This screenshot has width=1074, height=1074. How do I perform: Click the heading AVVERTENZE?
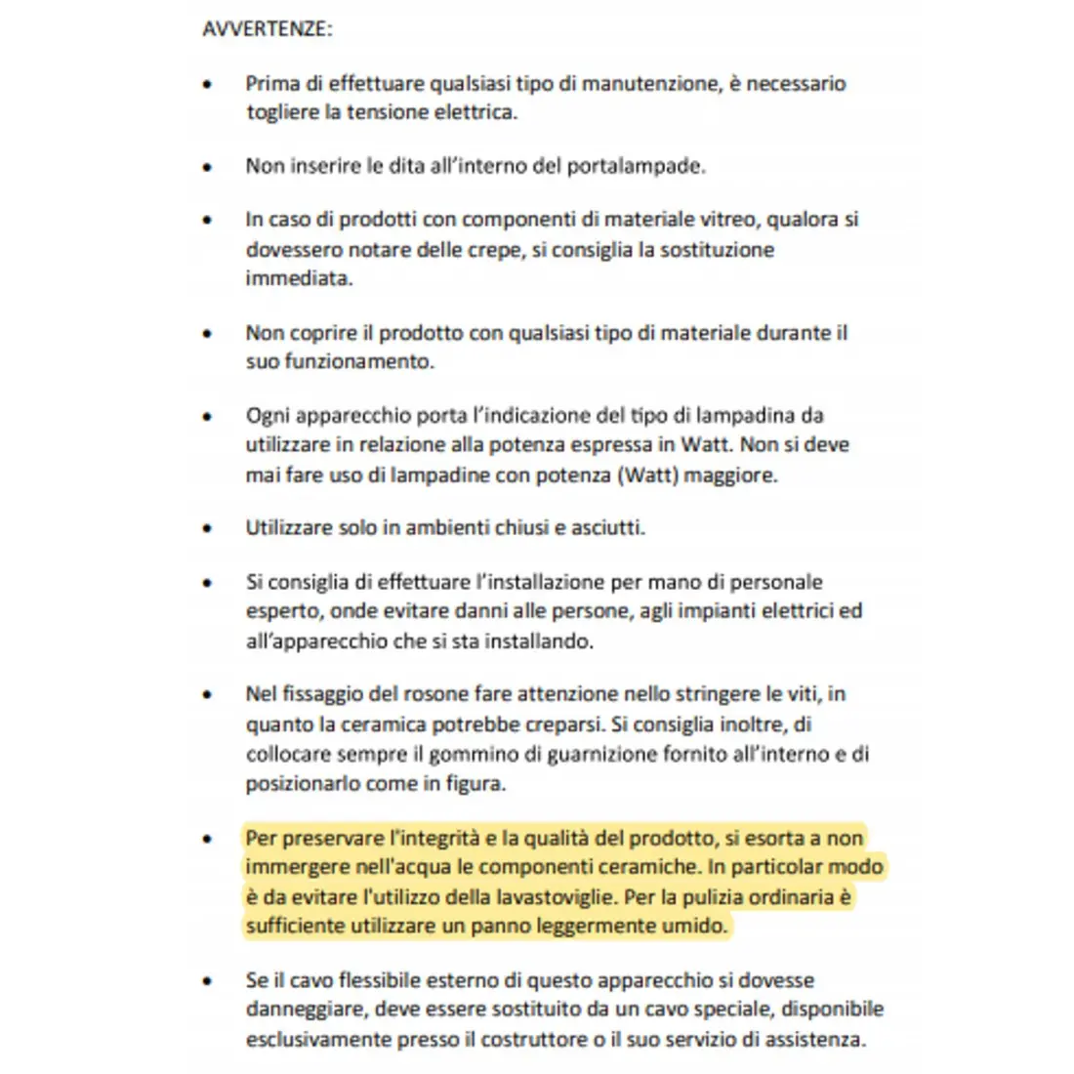pyautogui.click(x=267, y=28)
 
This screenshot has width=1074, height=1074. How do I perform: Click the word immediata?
pyautogui.click(x=299, y=278)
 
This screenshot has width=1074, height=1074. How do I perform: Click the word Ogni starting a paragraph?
pyautogui.click(x=268, y=416)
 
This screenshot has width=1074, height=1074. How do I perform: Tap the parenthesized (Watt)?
pyautogui.click(x=646, y=475)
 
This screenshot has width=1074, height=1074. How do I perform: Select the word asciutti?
pyautogui.click(x=609, y=528)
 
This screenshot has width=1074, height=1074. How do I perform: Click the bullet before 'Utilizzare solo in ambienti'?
pyautogui.click(x=207, y=528)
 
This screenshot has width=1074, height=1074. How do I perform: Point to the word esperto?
pyautogui.click(x=283, y=612)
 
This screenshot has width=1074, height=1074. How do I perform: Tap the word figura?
pyautogui.click(x=475, y=784)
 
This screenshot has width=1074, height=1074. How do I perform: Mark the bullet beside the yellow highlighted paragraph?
pyautogui.click(x=207, y=839)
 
